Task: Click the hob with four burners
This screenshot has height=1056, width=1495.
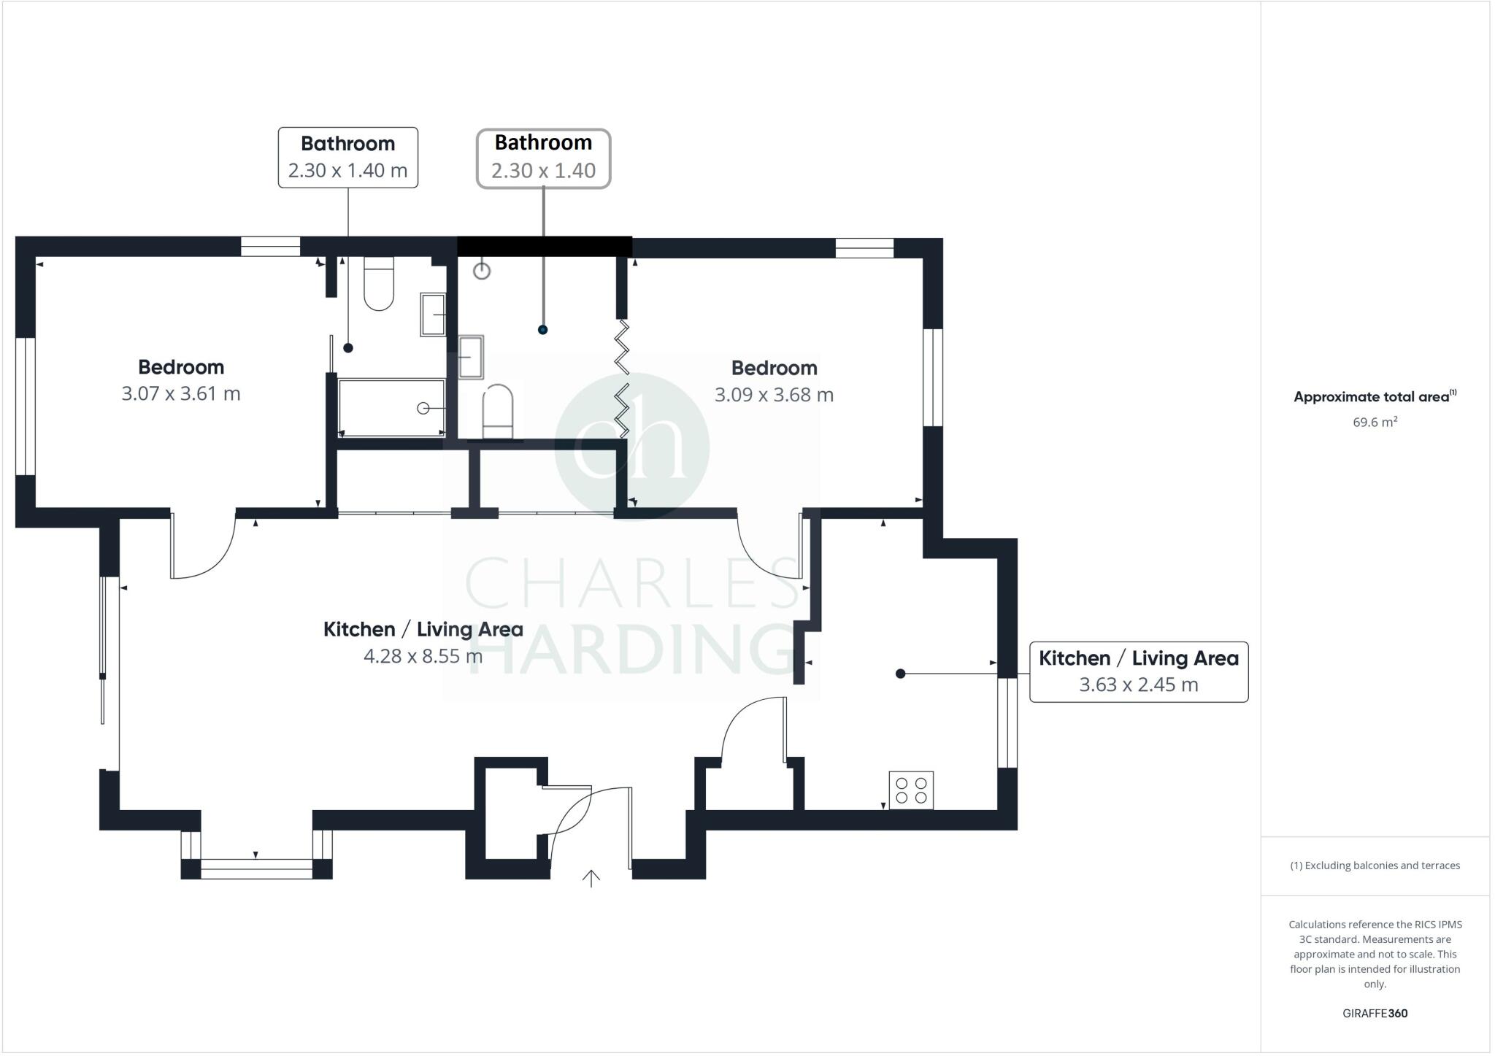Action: point(911,790)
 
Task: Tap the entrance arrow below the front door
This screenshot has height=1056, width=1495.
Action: point(591,878)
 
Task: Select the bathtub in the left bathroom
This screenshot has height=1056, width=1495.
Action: point(391,407)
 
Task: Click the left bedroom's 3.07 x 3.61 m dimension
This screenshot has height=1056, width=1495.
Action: point(181,394)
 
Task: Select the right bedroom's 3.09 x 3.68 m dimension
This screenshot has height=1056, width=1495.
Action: point(774,395)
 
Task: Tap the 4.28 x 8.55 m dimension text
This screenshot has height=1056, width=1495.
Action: point(423,656)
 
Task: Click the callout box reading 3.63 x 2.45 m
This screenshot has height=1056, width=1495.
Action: point(1138,672)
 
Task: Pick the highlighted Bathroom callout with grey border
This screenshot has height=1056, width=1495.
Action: point(543,158)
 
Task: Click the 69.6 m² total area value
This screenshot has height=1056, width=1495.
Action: point(1375,422)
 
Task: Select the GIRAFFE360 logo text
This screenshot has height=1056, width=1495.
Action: point(1375,1013)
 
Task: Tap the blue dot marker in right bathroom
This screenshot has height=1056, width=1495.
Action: point(542,330)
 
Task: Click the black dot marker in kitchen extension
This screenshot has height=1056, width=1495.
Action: point(900,674)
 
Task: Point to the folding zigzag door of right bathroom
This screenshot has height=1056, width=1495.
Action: point(622,379)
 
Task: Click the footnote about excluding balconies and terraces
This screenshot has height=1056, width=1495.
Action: point(1375,866)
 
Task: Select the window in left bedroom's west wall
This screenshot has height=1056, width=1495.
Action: point(26,406)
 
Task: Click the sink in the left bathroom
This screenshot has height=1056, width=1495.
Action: point(433,315)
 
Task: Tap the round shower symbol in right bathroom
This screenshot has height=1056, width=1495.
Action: point(482,271)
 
